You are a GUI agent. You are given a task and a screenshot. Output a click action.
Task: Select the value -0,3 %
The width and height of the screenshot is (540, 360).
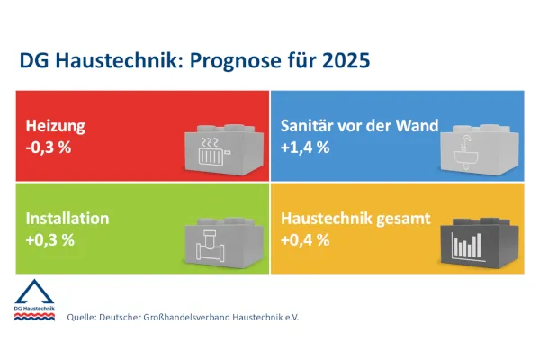tap(49, 147)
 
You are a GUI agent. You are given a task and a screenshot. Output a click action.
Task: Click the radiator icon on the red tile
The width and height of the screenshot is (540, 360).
tap(213, 151)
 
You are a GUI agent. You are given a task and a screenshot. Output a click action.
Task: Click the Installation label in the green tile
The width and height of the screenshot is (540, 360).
tap(67, 219)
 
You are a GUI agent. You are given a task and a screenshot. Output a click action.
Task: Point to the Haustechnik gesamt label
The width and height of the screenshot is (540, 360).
tap(355, 219)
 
